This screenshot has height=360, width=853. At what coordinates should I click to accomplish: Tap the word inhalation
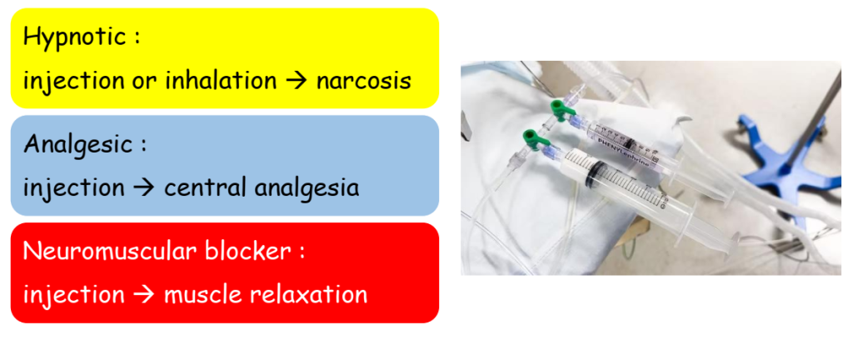point(221,81)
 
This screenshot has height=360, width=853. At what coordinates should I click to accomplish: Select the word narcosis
point(363,82)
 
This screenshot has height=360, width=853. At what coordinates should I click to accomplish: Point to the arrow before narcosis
point(297,82)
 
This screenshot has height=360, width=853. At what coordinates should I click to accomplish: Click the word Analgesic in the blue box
point(78,145)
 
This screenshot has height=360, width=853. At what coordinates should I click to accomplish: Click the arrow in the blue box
point(144,188)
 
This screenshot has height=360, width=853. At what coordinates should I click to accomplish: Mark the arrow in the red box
point(144,295)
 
